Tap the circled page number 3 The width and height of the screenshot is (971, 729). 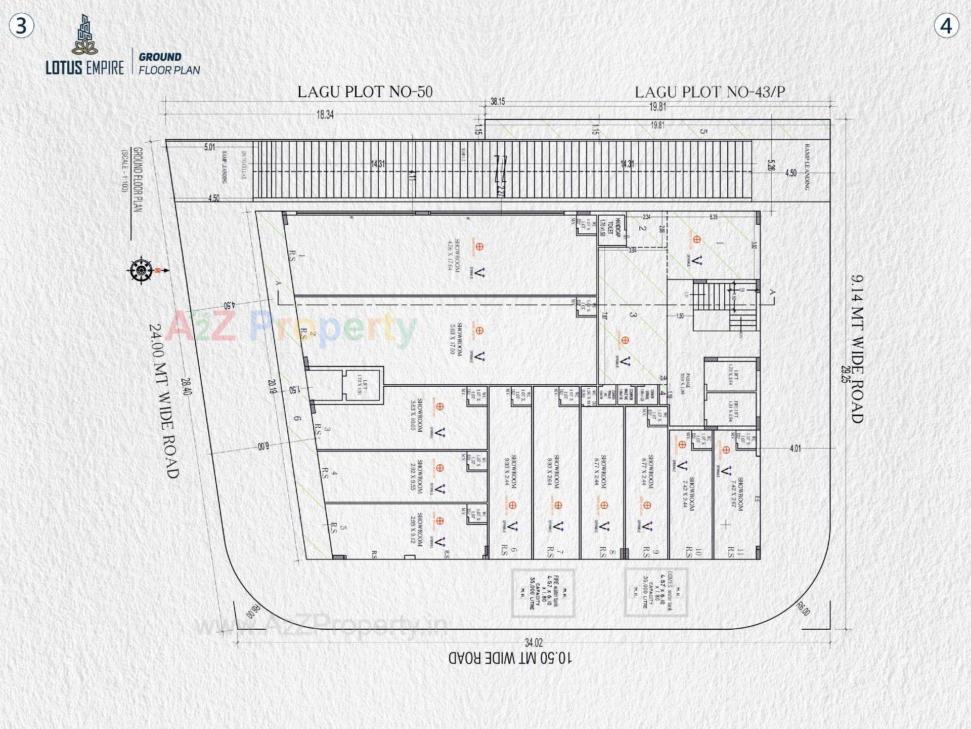coord(21,26)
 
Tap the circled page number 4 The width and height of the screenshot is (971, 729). coord(946,26)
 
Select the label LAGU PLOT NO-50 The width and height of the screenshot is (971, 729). coord(365,92)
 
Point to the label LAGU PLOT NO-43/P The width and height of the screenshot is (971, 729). coord(710,92)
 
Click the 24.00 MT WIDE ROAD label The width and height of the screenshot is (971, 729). coord(164,401)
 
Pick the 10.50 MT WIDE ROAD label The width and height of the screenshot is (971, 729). coord(510,658)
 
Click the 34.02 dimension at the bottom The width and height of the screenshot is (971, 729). coord(534,643)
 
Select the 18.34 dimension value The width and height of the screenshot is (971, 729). coord(325,115)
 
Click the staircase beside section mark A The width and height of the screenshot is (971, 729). coord(725,305)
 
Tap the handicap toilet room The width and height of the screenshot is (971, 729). coord(611,228)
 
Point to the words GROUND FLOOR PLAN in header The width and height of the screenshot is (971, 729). coord(169,64)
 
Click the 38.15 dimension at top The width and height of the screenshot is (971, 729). coord(498,102)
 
